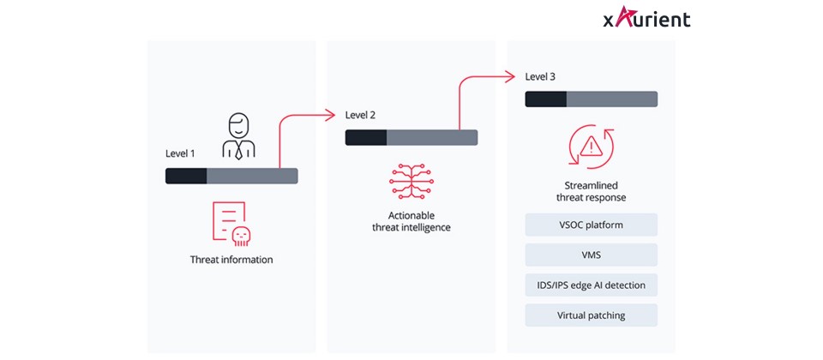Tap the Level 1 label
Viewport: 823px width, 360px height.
[x=180, y=153]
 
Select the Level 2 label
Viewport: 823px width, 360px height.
[x=360, y=115]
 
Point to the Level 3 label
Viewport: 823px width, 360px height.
[x=540, y=76]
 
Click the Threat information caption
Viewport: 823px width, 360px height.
[x=231, y=260]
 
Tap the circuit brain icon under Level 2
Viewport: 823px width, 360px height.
[x=411, y=181]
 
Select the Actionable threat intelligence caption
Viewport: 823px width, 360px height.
[x=411, y=221]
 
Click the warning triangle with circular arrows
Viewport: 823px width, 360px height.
[x=591, y=147]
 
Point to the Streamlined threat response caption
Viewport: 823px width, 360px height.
[x=591, y=191]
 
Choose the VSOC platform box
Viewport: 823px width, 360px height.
[x=591, y=225]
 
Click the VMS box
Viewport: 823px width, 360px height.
[x=591, y=255]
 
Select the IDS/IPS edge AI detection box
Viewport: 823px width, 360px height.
[x=591, y=285]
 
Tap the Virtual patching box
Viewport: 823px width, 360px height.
[x=591, y=315]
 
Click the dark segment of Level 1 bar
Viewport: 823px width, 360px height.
[x=186, y=176]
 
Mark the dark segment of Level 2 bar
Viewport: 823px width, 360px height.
[x=366, y=137]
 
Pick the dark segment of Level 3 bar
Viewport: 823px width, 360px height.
[x=546, y=99]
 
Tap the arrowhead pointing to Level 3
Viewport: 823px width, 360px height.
[x=512, y=75]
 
